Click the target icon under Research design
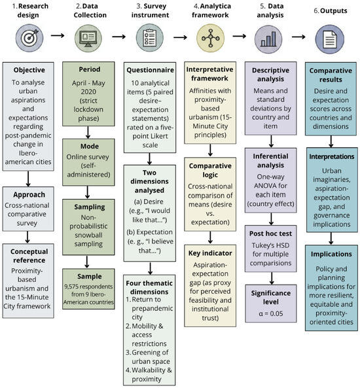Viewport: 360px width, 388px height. point(29,38)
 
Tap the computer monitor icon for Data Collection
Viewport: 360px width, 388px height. point(88,39)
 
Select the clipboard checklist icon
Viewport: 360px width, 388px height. point(149,38)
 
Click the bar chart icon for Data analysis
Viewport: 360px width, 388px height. point(268,39)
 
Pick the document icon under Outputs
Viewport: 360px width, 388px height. point(329,39)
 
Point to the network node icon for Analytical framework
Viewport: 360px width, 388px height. point(211,38)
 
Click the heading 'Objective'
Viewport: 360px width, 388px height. point(29,70)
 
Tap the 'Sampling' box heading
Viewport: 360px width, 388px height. point(90,207)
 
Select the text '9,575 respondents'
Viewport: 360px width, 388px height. point(88,287)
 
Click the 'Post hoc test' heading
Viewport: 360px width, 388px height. point(270,234)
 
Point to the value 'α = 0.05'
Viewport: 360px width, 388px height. point(270,313)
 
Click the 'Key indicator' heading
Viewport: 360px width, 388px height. point(210,253)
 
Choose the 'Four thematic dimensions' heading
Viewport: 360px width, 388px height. point(149,287)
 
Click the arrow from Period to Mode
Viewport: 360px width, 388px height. point(88,132)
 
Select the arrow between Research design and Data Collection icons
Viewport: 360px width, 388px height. point(58,35)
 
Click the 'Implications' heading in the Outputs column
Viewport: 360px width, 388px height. point(331,254)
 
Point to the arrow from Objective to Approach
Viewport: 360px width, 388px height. point(28,179)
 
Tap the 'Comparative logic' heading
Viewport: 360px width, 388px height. point(210,170)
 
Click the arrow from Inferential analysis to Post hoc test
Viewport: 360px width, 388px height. point(271,219)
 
